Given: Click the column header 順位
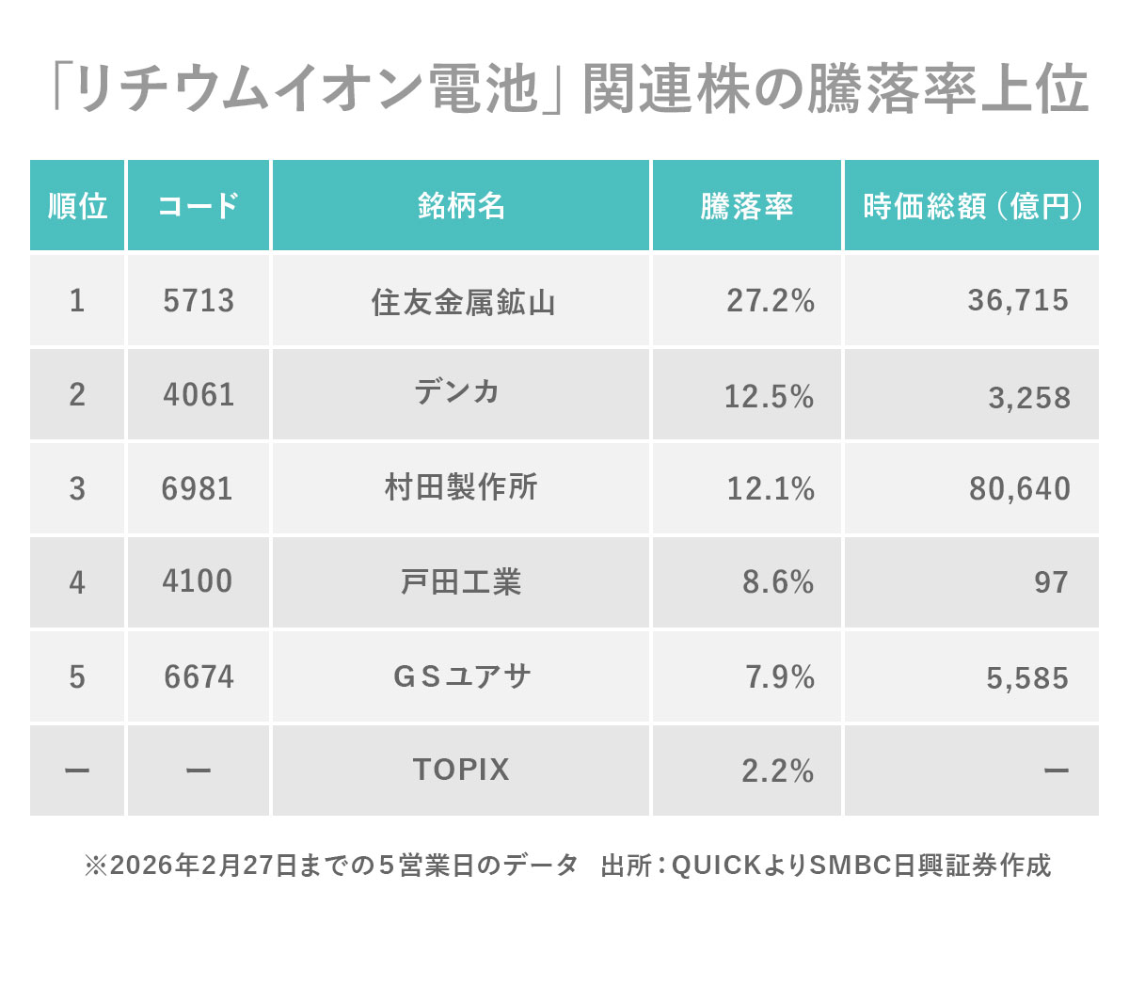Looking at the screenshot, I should tap(77, 206).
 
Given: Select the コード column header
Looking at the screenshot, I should tap(199, 206).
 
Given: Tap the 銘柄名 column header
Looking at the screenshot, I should tap(461, 206).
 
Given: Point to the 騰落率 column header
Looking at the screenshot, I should tap(746, 206).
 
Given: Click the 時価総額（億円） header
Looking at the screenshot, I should tap(972, 206).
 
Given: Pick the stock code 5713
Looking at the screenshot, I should tap(199, 300).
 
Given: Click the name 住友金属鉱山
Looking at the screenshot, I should tap(463, 302).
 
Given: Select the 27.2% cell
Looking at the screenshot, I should tap(771, 300).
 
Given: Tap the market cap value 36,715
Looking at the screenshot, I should tap(1018, 300).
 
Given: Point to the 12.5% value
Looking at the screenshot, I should tap(769, 396).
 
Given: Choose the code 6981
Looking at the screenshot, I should tap(197, 489).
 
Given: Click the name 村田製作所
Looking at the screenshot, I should tap(461, 487).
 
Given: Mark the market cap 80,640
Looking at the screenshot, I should tap(1020, 489).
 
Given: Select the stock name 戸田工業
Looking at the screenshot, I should tap(461, 582).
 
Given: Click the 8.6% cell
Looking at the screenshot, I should tap(778, 582).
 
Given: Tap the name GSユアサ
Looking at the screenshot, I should tap(462, 676).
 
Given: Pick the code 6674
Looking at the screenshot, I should tap(199, 677).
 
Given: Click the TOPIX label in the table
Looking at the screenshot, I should tap(461, 770).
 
